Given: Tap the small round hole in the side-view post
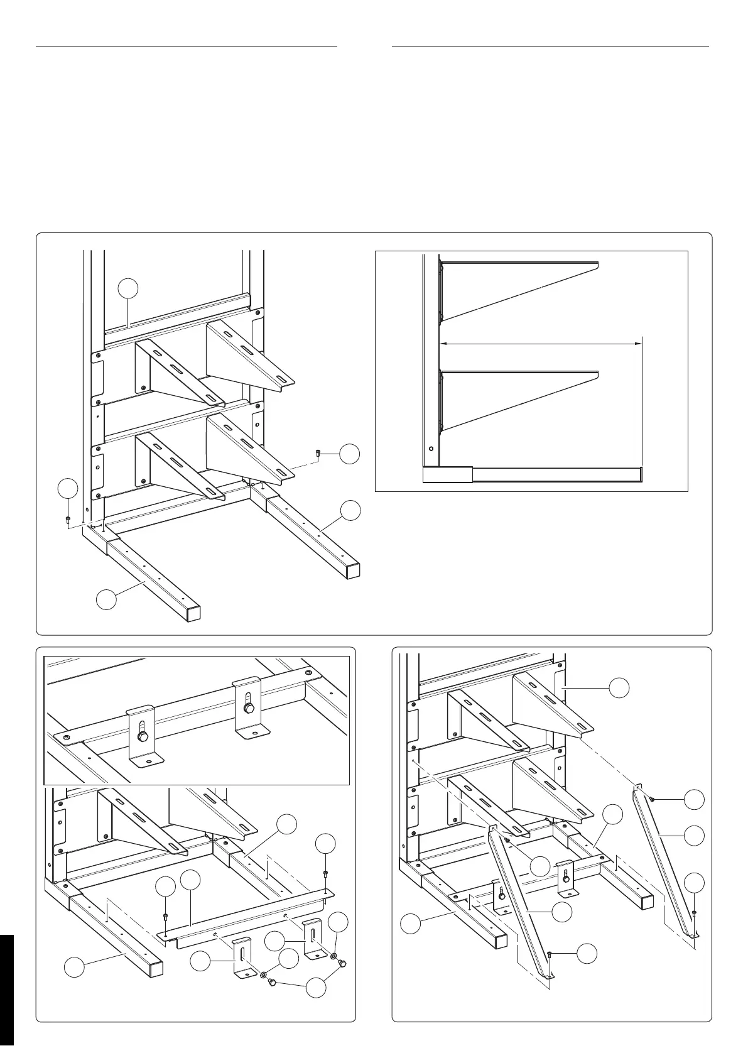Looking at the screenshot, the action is (431, 449).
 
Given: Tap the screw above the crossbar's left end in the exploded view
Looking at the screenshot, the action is (165, 915).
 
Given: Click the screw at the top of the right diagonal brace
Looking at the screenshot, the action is (654, 799).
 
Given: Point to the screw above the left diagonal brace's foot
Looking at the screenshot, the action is (550, 954).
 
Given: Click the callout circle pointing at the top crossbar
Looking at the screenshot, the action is (128, 288).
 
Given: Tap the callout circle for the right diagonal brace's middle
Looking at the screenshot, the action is (694, 836).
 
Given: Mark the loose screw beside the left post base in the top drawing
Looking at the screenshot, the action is (67, 519).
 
